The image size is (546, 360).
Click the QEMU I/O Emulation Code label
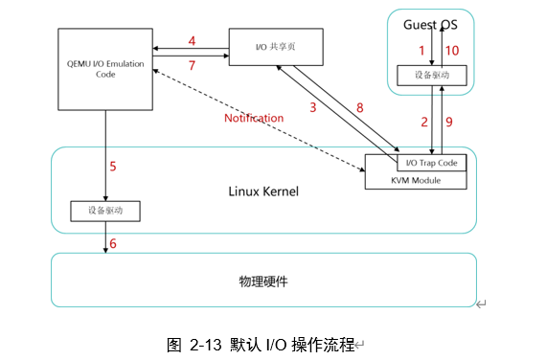click(x=105, y=69)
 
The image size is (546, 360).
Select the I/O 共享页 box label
click(x=276, y=47)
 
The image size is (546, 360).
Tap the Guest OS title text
click(x=430, y=25)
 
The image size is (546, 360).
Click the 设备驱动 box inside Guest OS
click(x=432, y=76)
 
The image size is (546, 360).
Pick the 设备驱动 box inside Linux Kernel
click(x=105, y=211)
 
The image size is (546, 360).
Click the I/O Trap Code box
click(x=432, y=163)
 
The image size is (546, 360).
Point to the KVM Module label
click(x=416, y=180)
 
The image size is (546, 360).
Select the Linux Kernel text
click(x=263, y=191)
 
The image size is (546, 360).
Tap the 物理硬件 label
click(x=263, y=281)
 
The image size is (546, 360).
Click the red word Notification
click(x=254, y=118)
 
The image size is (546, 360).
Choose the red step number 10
click(x=452, y=51)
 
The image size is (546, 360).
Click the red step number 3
click(x=313, y=107)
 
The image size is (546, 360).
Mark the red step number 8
click(x=360, y=108)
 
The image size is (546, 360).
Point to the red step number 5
click(x=113, y=167)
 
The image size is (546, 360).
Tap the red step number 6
click(x=113, y=244)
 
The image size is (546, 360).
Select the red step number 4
click(x=192, y=41)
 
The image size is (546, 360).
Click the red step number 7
click(x=192, y=65)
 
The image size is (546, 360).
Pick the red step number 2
click(x=424, y=122)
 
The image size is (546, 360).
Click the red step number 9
click(x=449, y=122)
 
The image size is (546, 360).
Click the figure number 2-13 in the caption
click(x=205, y=345)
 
